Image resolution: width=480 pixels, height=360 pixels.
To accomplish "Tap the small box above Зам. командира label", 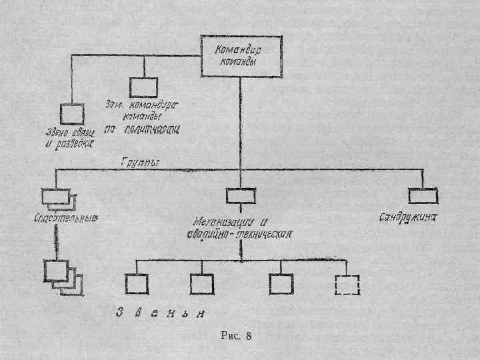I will [143, 87].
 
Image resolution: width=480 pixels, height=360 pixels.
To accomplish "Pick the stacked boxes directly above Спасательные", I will [59, 197].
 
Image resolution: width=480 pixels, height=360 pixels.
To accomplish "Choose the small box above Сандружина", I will [423, 195].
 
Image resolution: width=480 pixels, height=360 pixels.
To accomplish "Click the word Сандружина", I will [413, 218].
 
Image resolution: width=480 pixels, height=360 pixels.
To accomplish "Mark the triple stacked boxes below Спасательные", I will [63, 276].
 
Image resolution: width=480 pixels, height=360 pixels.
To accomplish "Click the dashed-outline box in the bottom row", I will [347, 285].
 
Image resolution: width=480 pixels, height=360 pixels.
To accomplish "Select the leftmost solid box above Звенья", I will [136, 285].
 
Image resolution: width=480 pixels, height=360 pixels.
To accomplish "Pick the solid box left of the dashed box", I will [281, 285].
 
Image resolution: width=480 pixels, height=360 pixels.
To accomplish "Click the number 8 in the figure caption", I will [248, 335].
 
